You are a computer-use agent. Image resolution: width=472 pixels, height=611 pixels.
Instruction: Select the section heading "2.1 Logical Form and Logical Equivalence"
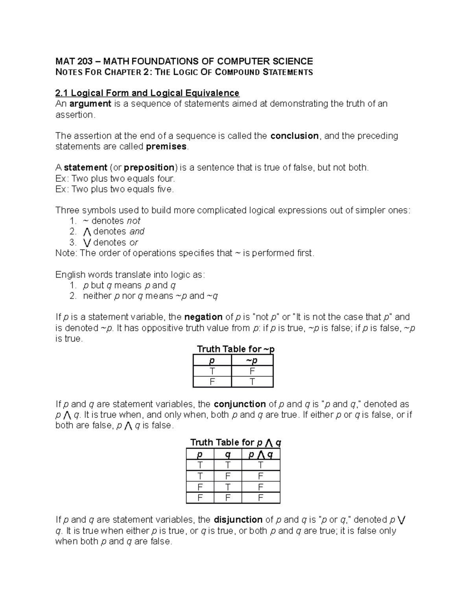point(147,93)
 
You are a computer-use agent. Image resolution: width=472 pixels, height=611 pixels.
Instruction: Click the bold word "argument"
point(90,104)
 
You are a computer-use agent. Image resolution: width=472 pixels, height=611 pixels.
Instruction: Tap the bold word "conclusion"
point(295,136)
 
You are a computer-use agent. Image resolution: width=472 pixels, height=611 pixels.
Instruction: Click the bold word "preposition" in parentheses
point(149,168)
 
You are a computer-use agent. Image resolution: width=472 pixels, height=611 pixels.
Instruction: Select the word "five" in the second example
point(164,189)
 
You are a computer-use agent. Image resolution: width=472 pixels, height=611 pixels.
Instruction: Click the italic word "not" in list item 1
point(134,221)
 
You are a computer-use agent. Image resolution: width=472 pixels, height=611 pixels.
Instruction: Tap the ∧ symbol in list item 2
point(87,232)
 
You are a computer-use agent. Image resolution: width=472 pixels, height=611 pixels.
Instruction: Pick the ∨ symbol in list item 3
point(87,243)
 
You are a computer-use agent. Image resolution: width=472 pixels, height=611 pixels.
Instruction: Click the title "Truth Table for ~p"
point(235,349)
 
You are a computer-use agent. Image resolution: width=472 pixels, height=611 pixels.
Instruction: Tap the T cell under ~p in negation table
point(252,382)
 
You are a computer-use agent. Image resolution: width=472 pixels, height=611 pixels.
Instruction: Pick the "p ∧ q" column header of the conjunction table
point(260,455)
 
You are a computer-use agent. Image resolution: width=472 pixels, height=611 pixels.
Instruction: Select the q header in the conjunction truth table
point(228,455)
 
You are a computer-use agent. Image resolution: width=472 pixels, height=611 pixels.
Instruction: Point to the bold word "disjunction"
point(238,520)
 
